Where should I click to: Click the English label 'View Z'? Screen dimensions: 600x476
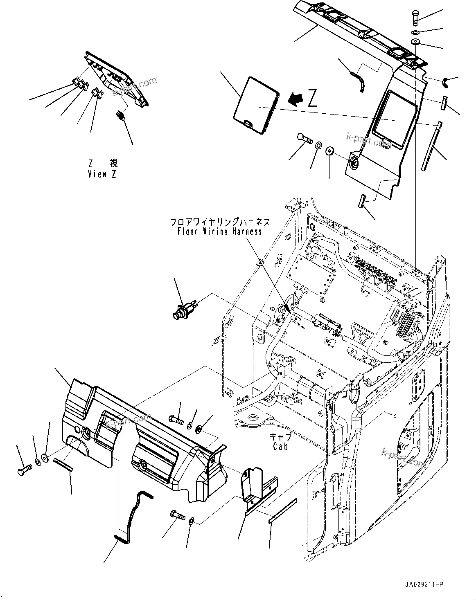[102, 174]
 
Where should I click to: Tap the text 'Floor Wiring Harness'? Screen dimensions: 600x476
[220, 231]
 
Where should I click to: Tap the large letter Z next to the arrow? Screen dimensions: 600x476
[312, 99]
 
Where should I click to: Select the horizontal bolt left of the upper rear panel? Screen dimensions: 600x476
[304, 141]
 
